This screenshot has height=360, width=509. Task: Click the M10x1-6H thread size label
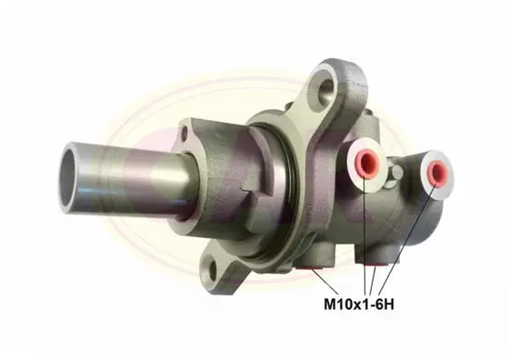click(359, 305)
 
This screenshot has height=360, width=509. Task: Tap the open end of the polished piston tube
click(69, 178)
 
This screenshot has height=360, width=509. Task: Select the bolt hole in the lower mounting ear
click(213, 268)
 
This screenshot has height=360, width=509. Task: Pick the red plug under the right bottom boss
click(375, 264)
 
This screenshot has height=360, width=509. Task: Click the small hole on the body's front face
click(185, 133)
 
